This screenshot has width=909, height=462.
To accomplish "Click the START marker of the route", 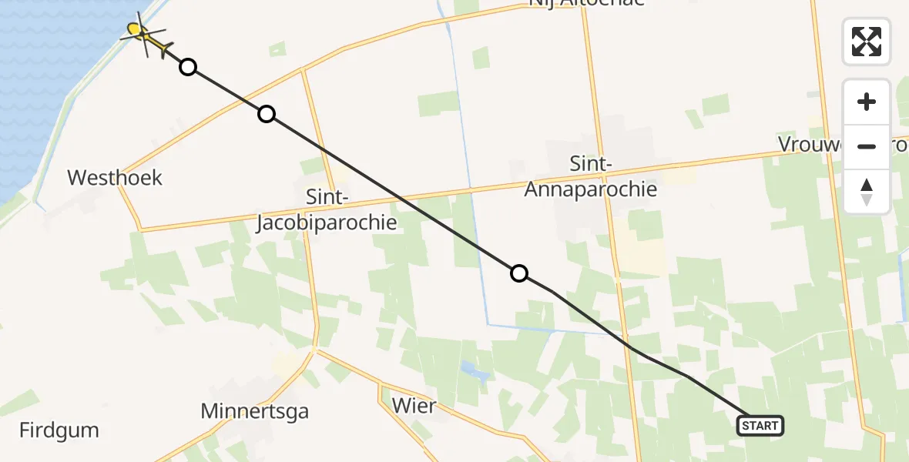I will tap(760, 425).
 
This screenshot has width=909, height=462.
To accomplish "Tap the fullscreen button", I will tap(867, 42).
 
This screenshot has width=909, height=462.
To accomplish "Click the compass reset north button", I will tap(867, 192).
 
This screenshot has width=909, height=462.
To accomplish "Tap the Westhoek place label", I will tap(115, 178).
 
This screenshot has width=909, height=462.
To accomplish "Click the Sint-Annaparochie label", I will tap(591, 176).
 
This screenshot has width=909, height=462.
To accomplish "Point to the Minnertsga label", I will tap(254, 411).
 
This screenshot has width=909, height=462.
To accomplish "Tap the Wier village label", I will tap(414, 406).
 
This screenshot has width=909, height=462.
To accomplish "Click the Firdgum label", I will tap(59, 430).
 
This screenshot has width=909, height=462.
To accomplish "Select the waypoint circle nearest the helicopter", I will tap(188, 68).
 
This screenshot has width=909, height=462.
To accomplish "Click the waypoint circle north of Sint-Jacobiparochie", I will tap(266, 115).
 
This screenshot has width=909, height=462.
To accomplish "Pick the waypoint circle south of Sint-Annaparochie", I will tap(519, 273).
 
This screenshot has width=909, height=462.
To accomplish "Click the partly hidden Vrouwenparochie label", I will tap(809, 145).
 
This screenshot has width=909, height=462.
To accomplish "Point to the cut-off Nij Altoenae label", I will tap(585, 3).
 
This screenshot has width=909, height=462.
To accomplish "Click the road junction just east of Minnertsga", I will tap(314, 350).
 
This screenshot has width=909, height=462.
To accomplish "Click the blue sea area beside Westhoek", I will tap(46, 92).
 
